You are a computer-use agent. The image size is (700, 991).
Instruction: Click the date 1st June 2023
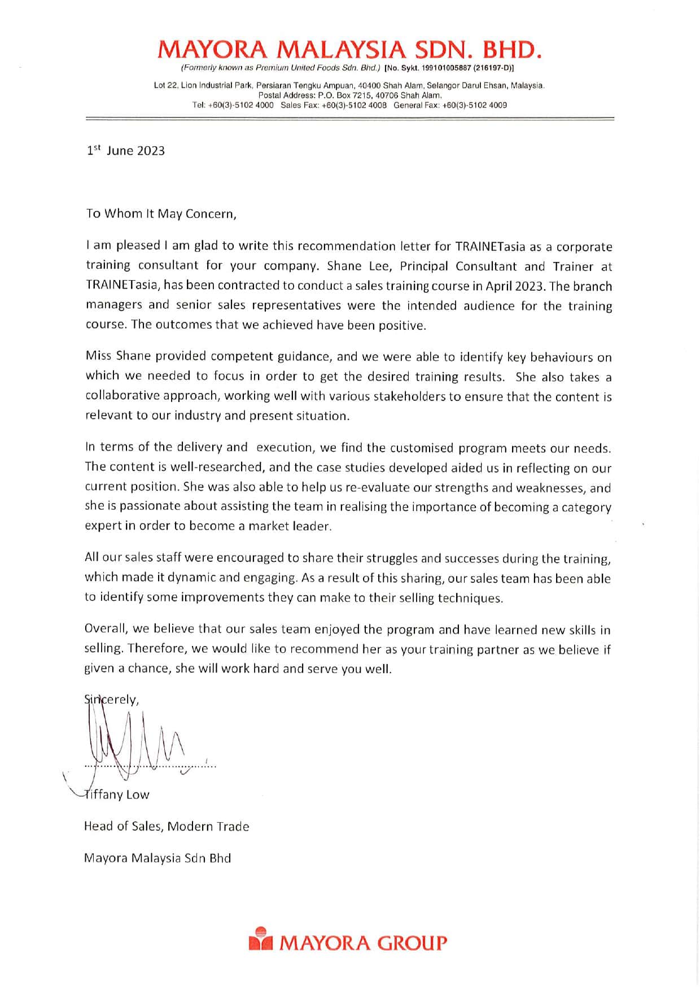coord(125,151)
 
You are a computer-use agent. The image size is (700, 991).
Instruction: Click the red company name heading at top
coord(350,50)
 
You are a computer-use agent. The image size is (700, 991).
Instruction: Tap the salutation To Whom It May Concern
coord(159,214)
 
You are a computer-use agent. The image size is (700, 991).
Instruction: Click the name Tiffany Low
coord(117,794)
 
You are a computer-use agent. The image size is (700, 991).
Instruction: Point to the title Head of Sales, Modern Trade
coord(167,827)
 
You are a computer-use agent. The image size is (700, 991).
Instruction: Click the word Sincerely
coord(111,700)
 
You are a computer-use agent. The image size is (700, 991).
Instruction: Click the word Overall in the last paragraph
coord(104,629)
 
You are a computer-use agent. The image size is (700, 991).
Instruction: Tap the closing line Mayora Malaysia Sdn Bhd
coord(158,858)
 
